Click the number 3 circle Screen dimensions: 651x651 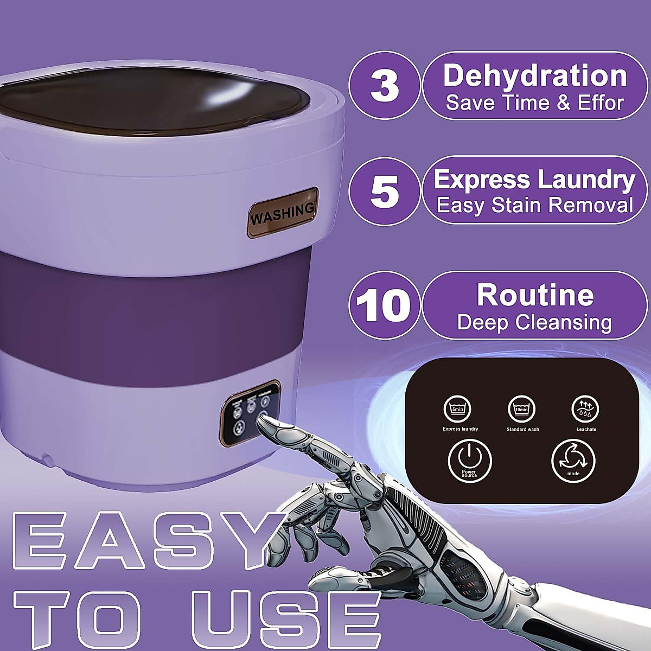click(385, 85)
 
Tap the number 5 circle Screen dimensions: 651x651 click(385, 191)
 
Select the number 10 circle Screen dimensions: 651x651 click(385, 305)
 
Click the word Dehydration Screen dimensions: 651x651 click(535, 75)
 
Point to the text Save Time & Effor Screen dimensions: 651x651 click(535, 103)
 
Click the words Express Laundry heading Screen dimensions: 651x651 click(534, 180)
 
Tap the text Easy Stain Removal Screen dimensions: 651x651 click(535, 206)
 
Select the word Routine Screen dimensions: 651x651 click(535, 295)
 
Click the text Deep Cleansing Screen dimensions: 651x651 click(534, 322)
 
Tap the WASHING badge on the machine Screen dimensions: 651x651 click(283, 213)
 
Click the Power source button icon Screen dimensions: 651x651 click(470, 461)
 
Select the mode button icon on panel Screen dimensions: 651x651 click(573, 461)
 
